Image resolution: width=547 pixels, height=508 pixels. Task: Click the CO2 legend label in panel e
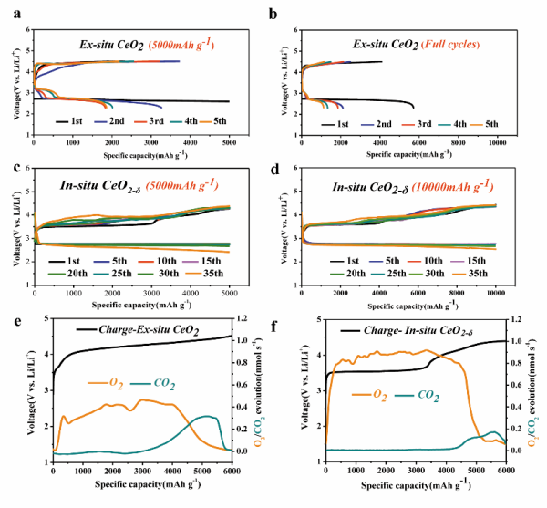pos(163,384)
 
